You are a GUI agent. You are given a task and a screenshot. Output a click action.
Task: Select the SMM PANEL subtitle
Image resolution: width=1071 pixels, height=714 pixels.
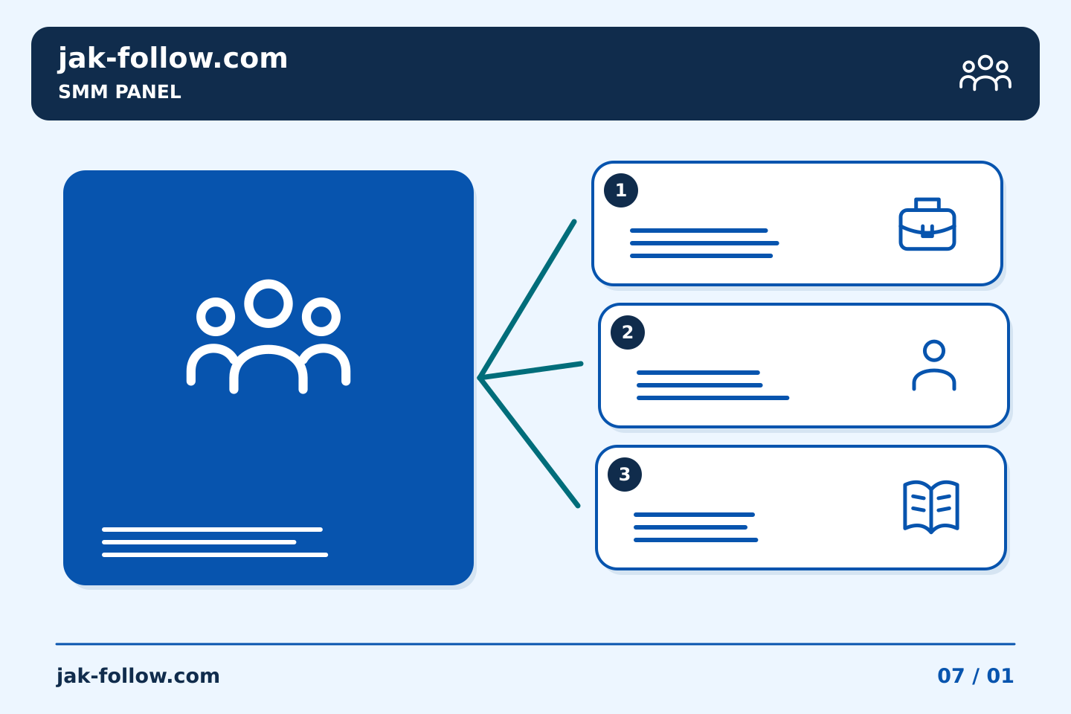(x=120, y=91)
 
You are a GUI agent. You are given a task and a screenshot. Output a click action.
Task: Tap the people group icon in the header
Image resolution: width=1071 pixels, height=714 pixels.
(x=985, y=73)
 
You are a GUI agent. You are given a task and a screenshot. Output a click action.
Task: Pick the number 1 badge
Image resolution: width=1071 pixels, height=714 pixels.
(x=620, y=190)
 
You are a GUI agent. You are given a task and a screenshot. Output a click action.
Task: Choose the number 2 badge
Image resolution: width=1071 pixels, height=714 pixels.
(x=627, y=332)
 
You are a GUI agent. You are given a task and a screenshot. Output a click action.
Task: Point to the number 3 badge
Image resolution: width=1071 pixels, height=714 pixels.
(x=625, y=475)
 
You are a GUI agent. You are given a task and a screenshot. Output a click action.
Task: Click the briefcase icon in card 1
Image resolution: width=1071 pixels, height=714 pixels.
(x=927, y=224)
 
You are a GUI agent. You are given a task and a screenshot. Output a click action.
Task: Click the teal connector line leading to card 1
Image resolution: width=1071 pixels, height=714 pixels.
(x=527, y=300)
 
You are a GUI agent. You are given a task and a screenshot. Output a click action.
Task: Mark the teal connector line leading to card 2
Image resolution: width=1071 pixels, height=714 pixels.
(x=531, y=370)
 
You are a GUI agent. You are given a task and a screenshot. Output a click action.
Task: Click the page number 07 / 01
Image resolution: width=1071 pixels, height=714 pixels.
(x=975, y=676)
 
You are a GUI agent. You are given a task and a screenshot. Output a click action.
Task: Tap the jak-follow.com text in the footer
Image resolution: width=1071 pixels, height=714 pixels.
(x=138, y=676)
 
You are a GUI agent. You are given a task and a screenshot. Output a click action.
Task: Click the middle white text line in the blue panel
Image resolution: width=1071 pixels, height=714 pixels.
(x=199, y=542)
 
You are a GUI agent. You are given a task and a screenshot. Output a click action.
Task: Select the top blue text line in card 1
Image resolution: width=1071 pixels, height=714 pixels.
(x=698, y=231)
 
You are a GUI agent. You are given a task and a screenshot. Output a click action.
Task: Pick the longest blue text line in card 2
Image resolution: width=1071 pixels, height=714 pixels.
(x=713, y=398)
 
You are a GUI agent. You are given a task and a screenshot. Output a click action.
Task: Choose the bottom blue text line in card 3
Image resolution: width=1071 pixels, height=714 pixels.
(x=695, y=540)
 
